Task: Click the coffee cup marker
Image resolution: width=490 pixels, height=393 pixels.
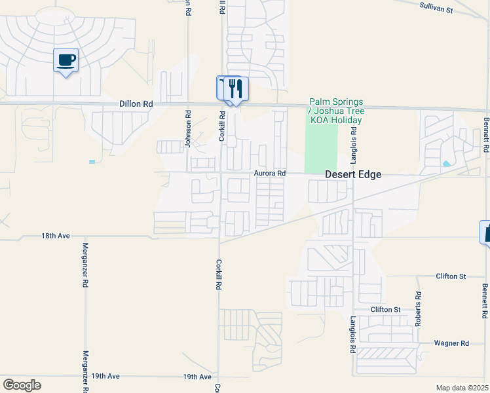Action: coord(66,61)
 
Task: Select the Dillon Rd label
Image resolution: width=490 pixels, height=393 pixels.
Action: coord(136,103)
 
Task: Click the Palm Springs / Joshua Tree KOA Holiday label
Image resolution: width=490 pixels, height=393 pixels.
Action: coord(336,111)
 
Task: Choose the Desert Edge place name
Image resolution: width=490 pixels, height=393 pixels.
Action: coord(353,175)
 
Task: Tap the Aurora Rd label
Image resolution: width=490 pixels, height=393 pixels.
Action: coord(270,174)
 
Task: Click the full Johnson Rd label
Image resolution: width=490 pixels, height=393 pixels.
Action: coord(188,129)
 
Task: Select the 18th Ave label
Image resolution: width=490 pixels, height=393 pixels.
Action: coord(55,235)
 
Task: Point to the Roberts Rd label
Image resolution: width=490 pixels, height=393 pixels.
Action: coord(418,309)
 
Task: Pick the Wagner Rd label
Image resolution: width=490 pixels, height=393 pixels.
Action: coord(451,343)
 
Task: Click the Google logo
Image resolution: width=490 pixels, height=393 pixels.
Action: coord(22,384)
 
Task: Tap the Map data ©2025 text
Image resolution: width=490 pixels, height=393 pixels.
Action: coord(462,388)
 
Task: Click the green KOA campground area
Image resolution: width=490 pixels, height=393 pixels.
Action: coord(321,147)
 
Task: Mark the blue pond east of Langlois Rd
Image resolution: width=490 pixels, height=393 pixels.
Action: coord(446,164)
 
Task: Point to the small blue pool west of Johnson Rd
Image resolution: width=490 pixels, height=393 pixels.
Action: coord(92,161)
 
